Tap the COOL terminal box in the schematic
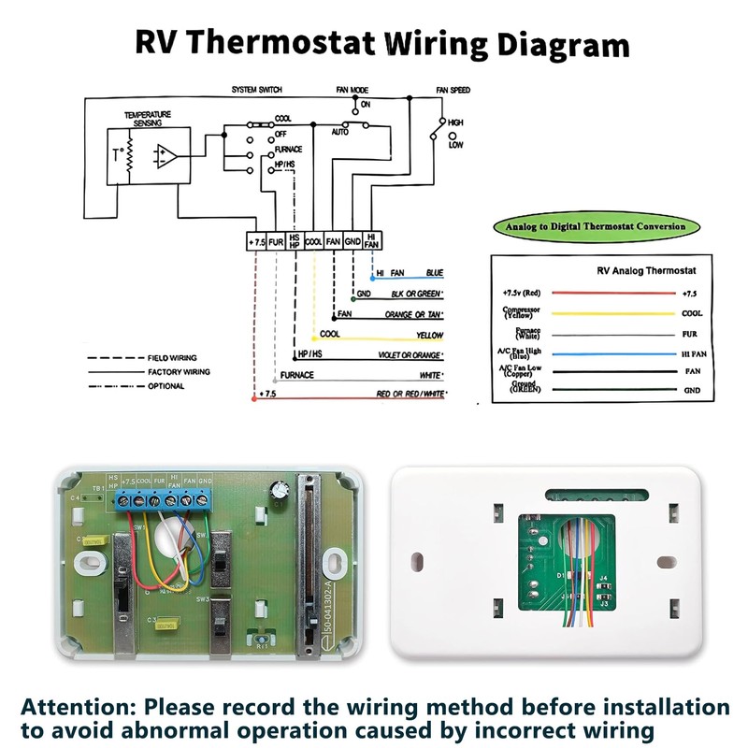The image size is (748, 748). [x=314, y=241]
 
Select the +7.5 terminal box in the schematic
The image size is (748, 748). [x=257, y=241]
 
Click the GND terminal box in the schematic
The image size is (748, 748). [x=352, y=241]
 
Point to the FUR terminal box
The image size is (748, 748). [x=277, y=241]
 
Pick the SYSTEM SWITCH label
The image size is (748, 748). [x=257, y=91]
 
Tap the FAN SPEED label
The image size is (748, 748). [x=453, y=91]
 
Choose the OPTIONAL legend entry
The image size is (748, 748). [x=166, y=385]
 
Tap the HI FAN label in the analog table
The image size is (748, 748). [x=692, y=354]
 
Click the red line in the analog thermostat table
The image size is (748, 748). [x=608, y=293]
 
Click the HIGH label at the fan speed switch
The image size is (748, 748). [x=456, y=122]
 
